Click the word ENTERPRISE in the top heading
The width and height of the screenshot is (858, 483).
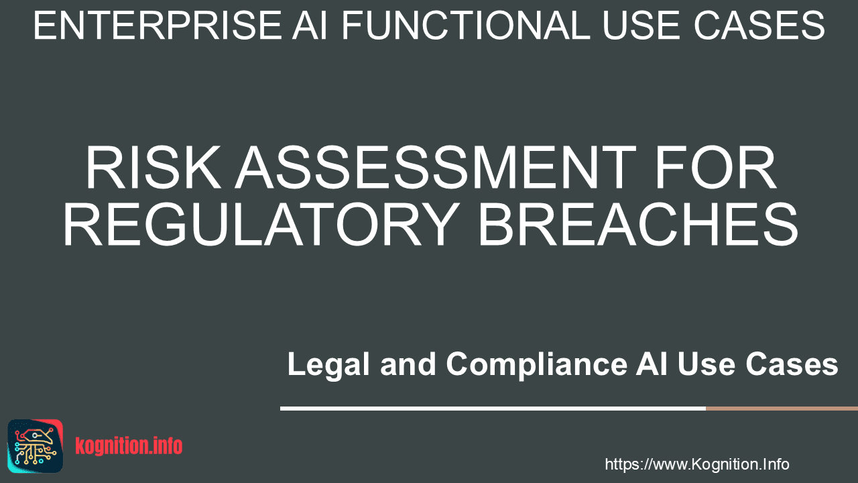[158, 25]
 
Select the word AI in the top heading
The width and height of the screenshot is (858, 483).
[310, 25]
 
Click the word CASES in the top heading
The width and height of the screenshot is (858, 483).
[759, 25]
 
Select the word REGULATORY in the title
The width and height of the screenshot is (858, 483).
[261, 224]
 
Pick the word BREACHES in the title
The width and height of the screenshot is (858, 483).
[638, 224]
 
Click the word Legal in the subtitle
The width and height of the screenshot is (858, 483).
[328, 364]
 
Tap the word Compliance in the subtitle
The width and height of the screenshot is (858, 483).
[537, 364]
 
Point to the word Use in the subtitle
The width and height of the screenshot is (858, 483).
[707, 364]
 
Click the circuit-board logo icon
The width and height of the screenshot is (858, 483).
[36, 446]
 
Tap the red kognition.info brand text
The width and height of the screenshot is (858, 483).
[129, 446]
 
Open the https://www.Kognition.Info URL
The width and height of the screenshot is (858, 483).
[696, 464]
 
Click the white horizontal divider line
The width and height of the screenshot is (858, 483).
[493, 409]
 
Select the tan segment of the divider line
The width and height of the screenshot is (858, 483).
[782, 409]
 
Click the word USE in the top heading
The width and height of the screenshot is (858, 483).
[643, 25]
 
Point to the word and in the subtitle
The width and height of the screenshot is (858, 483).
[408, 364]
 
